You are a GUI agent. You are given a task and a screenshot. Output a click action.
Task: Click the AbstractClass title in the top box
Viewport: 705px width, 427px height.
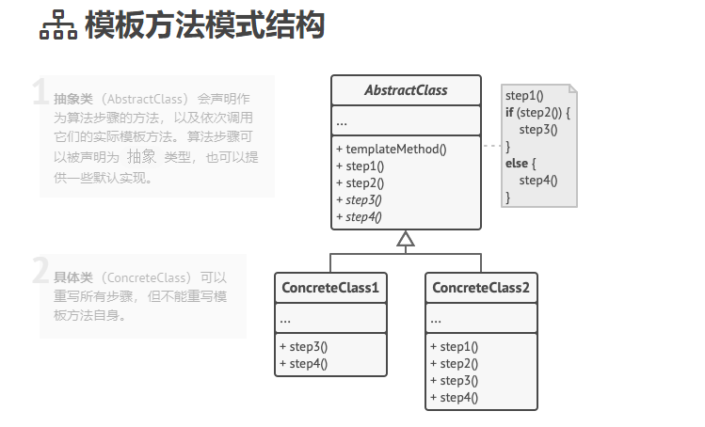[405, 91]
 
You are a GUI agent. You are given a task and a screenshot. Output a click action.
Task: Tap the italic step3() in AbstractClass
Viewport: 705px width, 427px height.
[362, 199]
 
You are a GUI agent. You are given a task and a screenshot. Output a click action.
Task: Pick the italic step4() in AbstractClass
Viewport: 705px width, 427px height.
[362, 216]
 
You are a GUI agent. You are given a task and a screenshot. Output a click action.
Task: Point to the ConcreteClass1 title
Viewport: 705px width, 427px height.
[330, 288]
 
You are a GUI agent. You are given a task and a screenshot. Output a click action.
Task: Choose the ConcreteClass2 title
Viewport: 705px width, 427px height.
[481, 288]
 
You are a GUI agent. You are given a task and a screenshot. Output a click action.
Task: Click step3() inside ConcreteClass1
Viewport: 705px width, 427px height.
[303, 346]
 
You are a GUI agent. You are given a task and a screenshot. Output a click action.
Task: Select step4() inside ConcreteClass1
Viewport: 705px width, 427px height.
[303, 363]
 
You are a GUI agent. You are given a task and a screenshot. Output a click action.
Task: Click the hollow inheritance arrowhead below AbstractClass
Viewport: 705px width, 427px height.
[406, 239]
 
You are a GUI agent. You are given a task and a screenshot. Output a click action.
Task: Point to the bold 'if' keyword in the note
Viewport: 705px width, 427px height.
[509, 112]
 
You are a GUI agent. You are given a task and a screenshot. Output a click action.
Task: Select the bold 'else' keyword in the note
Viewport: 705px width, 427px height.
[516, 163]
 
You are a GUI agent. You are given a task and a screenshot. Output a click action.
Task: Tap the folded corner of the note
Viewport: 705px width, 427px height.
[572, 88]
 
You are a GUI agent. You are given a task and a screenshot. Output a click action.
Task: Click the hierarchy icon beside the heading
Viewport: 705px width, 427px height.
[57, 27]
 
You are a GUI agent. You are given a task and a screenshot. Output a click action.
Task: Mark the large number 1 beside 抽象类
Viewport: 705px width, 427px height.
[40, 92]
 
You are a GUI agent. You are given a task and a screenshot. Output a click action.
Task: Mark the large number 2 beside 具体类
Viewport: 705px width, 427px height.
[40, 271]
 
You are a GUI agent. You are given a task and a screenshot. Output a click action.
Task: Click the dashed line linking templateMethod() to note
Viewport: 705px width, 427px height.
[490, 147]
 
